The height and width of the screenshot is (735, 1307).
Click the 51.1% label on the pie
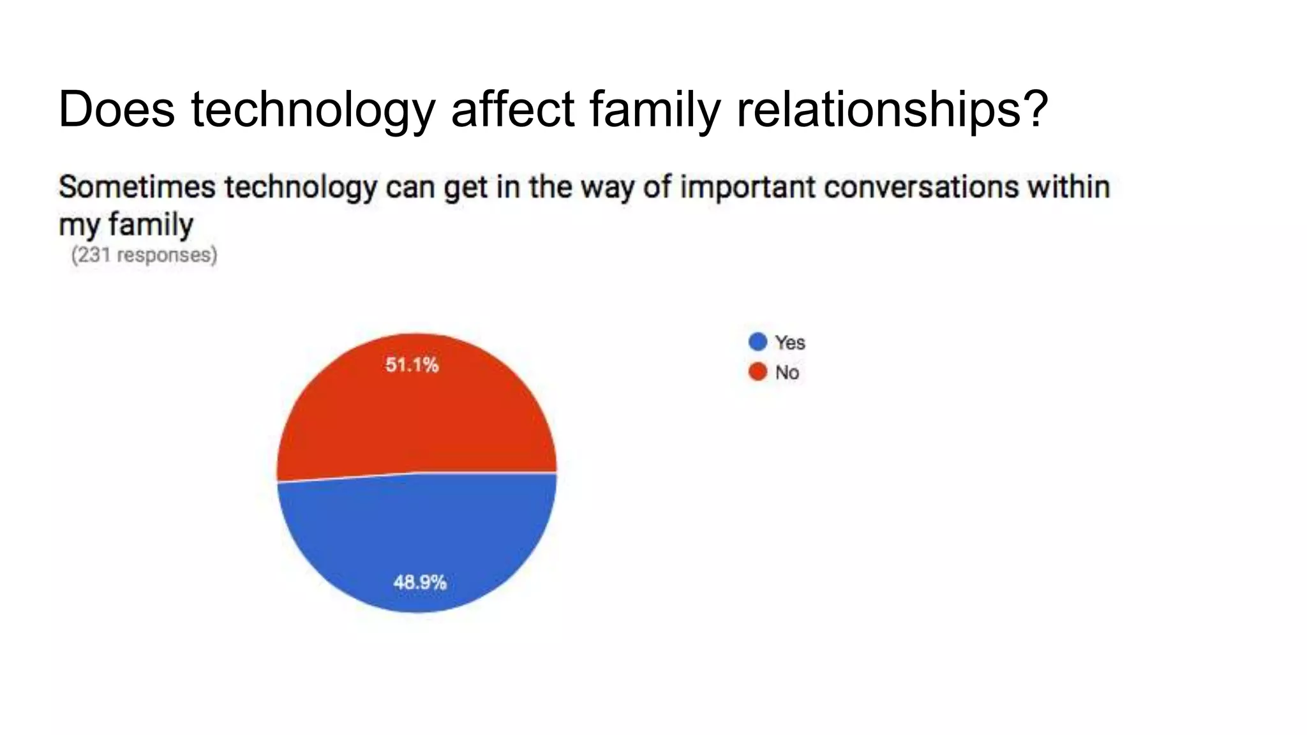point(412,365)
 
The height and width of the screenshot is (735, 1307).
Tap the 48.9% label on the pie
point(419,582)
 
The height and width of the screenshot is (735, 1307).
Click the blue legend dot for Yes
point(758,342)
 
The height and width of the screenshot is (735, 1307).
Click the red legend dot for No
point(758,371)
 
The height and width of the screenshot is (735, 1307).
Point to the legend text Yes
point(790,343)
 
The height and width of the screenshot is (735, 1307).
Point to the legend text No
point(787,373)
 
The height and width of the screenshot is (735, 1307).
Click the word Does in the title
point(116,109)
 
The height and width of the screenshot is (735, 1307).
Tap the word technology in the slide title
point(313,109)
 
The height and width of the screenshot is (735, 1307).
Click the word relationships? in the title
point(892,109)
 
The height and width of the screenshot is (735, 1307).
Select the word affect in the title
point(513,109)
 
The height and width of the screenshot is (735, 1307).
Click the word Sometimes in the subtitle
point(137,188)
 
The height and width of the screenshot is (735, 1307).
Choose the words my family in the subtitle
point(126,225)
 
